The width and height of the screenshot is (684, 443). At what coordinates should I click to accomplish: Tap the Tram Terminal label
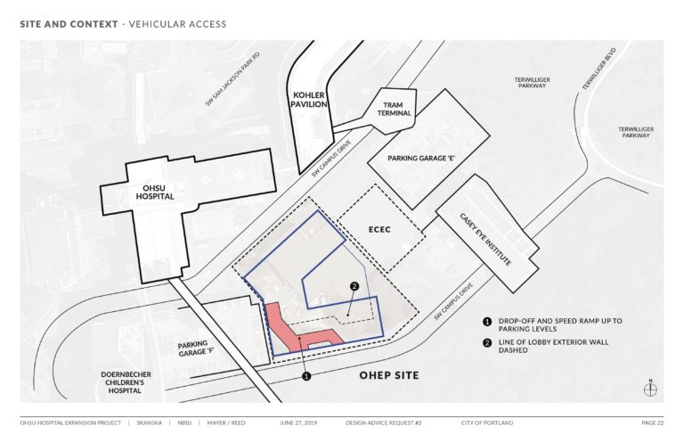coord(394,110)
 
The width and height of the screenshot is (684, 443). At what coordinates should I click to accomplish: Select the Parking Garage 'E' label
coord(422,158)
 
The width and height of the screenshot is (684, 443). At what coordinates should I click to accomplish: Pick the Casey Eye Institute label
coord(484,241)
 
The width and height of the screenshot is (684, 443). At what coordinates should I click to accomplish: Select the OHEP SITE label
coord(388,375)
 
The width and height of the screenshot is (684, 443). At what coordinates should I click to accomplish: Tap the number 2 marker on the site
coord(354,286)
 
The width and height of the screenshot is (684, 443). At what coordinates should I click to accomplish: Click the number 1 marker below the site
coord(306,377)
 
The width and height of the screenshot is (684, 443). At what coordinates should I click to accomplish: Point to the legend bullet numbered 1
coord(487,321)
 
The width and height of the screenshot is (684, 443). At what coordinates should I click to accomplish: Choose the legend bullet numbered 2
coord(487,342)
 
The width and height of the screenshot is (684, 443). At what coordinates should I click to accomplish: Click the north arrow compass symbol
coord(651,388)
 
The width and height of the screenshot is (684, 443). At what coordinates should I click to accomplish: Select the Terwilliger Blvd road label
coord(599,69)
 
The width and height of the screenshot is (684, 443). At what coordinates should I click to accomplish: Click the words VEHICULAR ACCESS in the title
coord(178,24)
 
